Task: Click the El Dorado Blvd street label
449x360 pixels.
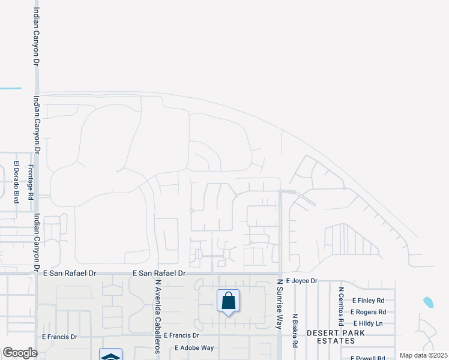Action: coord(17,182)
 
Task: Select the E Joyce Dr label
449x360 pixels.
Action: coord(301,280)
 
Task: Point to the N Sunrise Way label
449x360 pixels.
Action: coord(279,303)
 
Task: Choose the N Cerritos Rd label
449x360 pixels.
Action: coord(340,306)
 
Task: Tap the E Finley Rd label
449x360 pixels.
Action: coord(368,301)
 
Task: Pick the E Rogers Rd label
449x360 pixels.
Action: coord(369,312)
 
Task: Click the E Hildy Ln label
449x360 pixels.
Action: coord(367,323)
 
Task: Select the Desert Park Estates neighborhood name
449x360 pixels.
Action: coord(331,336)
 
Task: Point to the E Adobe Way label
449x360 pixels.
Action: coord(194,347)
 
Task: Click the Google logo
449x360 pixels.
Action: coord(19,353)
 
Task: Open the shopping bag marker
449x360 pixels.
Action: coord(228,301)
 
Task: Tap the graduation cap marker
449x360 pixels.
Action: coord(110,355)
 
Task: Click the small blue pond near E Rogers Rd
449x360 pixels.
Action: coord(428,302)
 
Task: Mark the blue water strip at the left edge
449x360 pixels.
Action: coord(10,88)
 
